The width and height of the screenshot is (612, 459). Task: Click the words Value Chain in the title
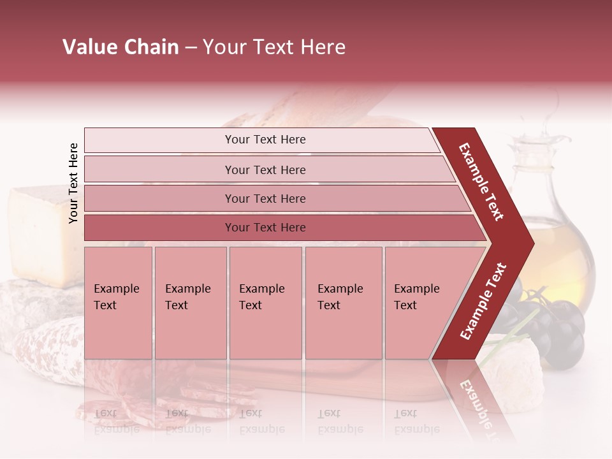click(x=120, y=47)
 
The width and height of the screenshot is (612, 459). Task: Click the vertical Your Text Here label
click(x=73, y=183)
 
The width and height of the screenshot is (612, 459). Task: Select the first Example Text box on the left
click(x=118, y=303)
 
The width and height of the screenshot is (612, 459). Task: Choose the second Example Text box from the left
click(x=190, y=303)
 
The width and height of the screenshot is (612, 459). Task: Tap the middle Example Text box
click(x=265, y=303)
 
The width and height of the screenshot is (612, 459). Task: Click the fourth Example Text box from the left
click(x=344, y=303)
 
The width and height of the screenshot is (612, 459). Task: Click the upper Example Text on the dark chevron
click(x=481, y=182)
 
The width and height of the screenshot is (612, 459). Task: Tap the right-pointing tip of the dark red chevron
click(x=529, y=243)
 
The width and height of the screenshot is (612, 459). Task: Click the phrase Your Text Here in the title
click(x=274, y=47)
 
